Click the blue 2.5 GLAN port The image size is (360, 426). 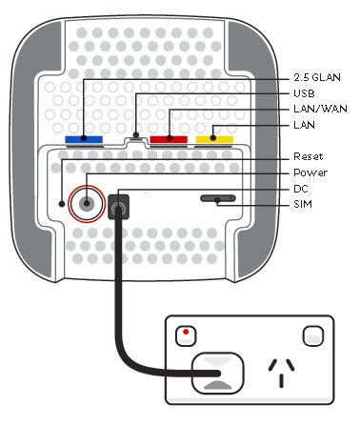pyautogui.click(x=84, y=140)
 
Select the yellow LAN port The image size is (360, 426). pyautogui.click(x=214, y=140)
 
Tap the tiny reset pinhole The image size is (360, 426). pyautogui.click(x=61, y=202)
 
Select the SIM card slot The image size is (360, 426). pyautogui.click(x=218, y=200)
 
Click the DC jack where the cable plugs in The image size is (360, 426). pyautogui.click(x=120, y=204)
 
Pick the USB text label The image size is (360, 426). pyautogui.click(x=303, y=93)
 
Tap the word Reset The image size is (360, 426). pyautogui.click(x=308, y=156)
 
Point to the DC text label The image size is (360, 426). pyautogui.click(x=301, y=189)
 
